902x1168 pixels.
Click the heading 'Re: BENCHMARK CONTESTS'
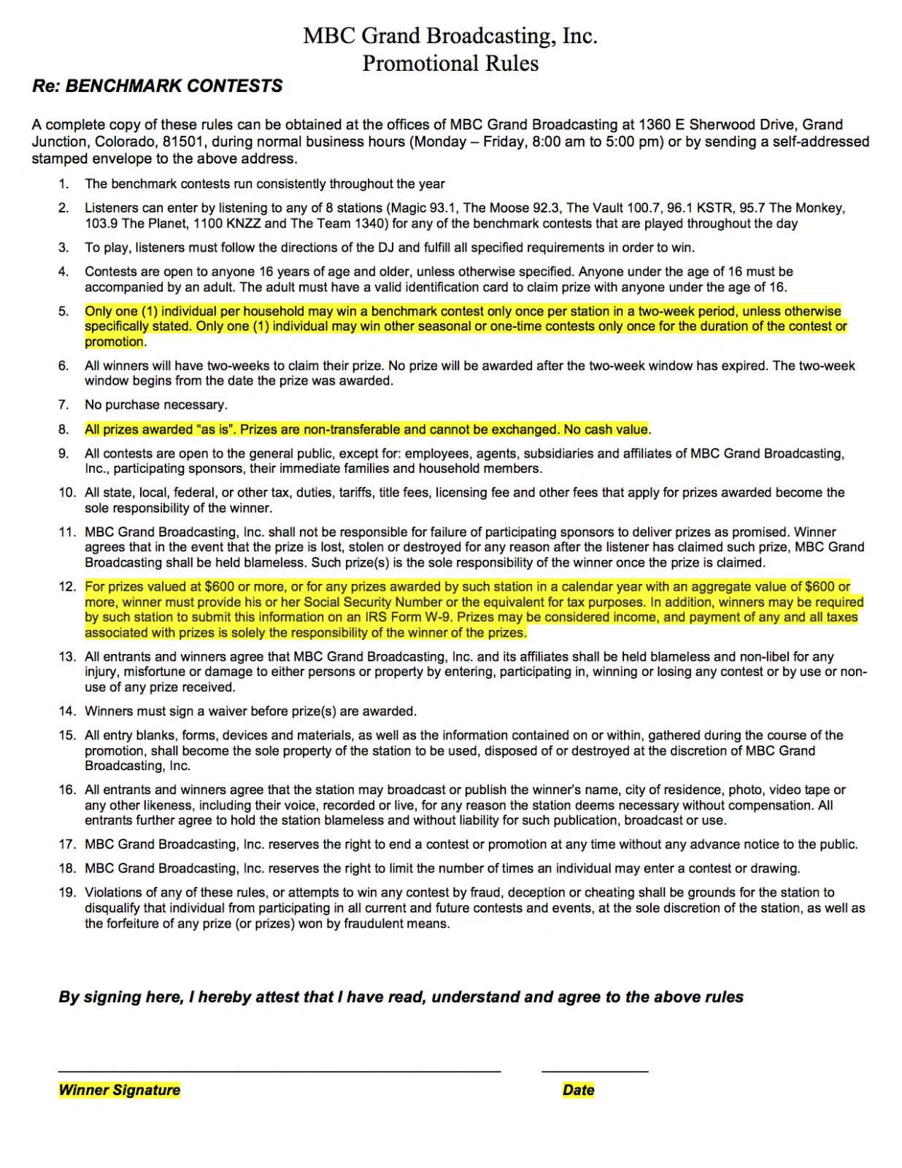[x=157, y=86]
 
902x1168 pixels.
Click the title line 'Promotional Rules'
[x=450, y=64]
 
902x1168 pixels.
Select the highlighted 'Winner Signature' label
[x=119, y=1090]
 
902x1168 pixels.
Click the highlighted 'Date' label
[x=578, y=1090]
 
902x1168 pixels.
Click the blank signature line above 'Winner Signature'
[x=280, y=1070]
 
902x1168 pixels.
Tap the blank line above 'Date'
[x=595, y=1070]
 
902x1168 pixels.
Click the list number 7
[x=63, y=404]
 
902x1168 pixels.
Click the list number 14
[x=67, y=711]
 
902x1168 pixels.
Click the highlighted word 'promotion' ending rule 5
[x=114, y=342]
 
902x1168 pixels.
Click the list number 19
[x=67, y=892]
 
